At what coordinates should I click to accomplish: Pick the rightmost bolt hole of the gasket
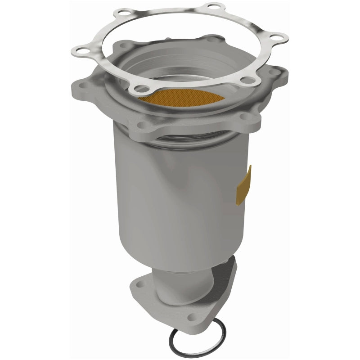[276, 37]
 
